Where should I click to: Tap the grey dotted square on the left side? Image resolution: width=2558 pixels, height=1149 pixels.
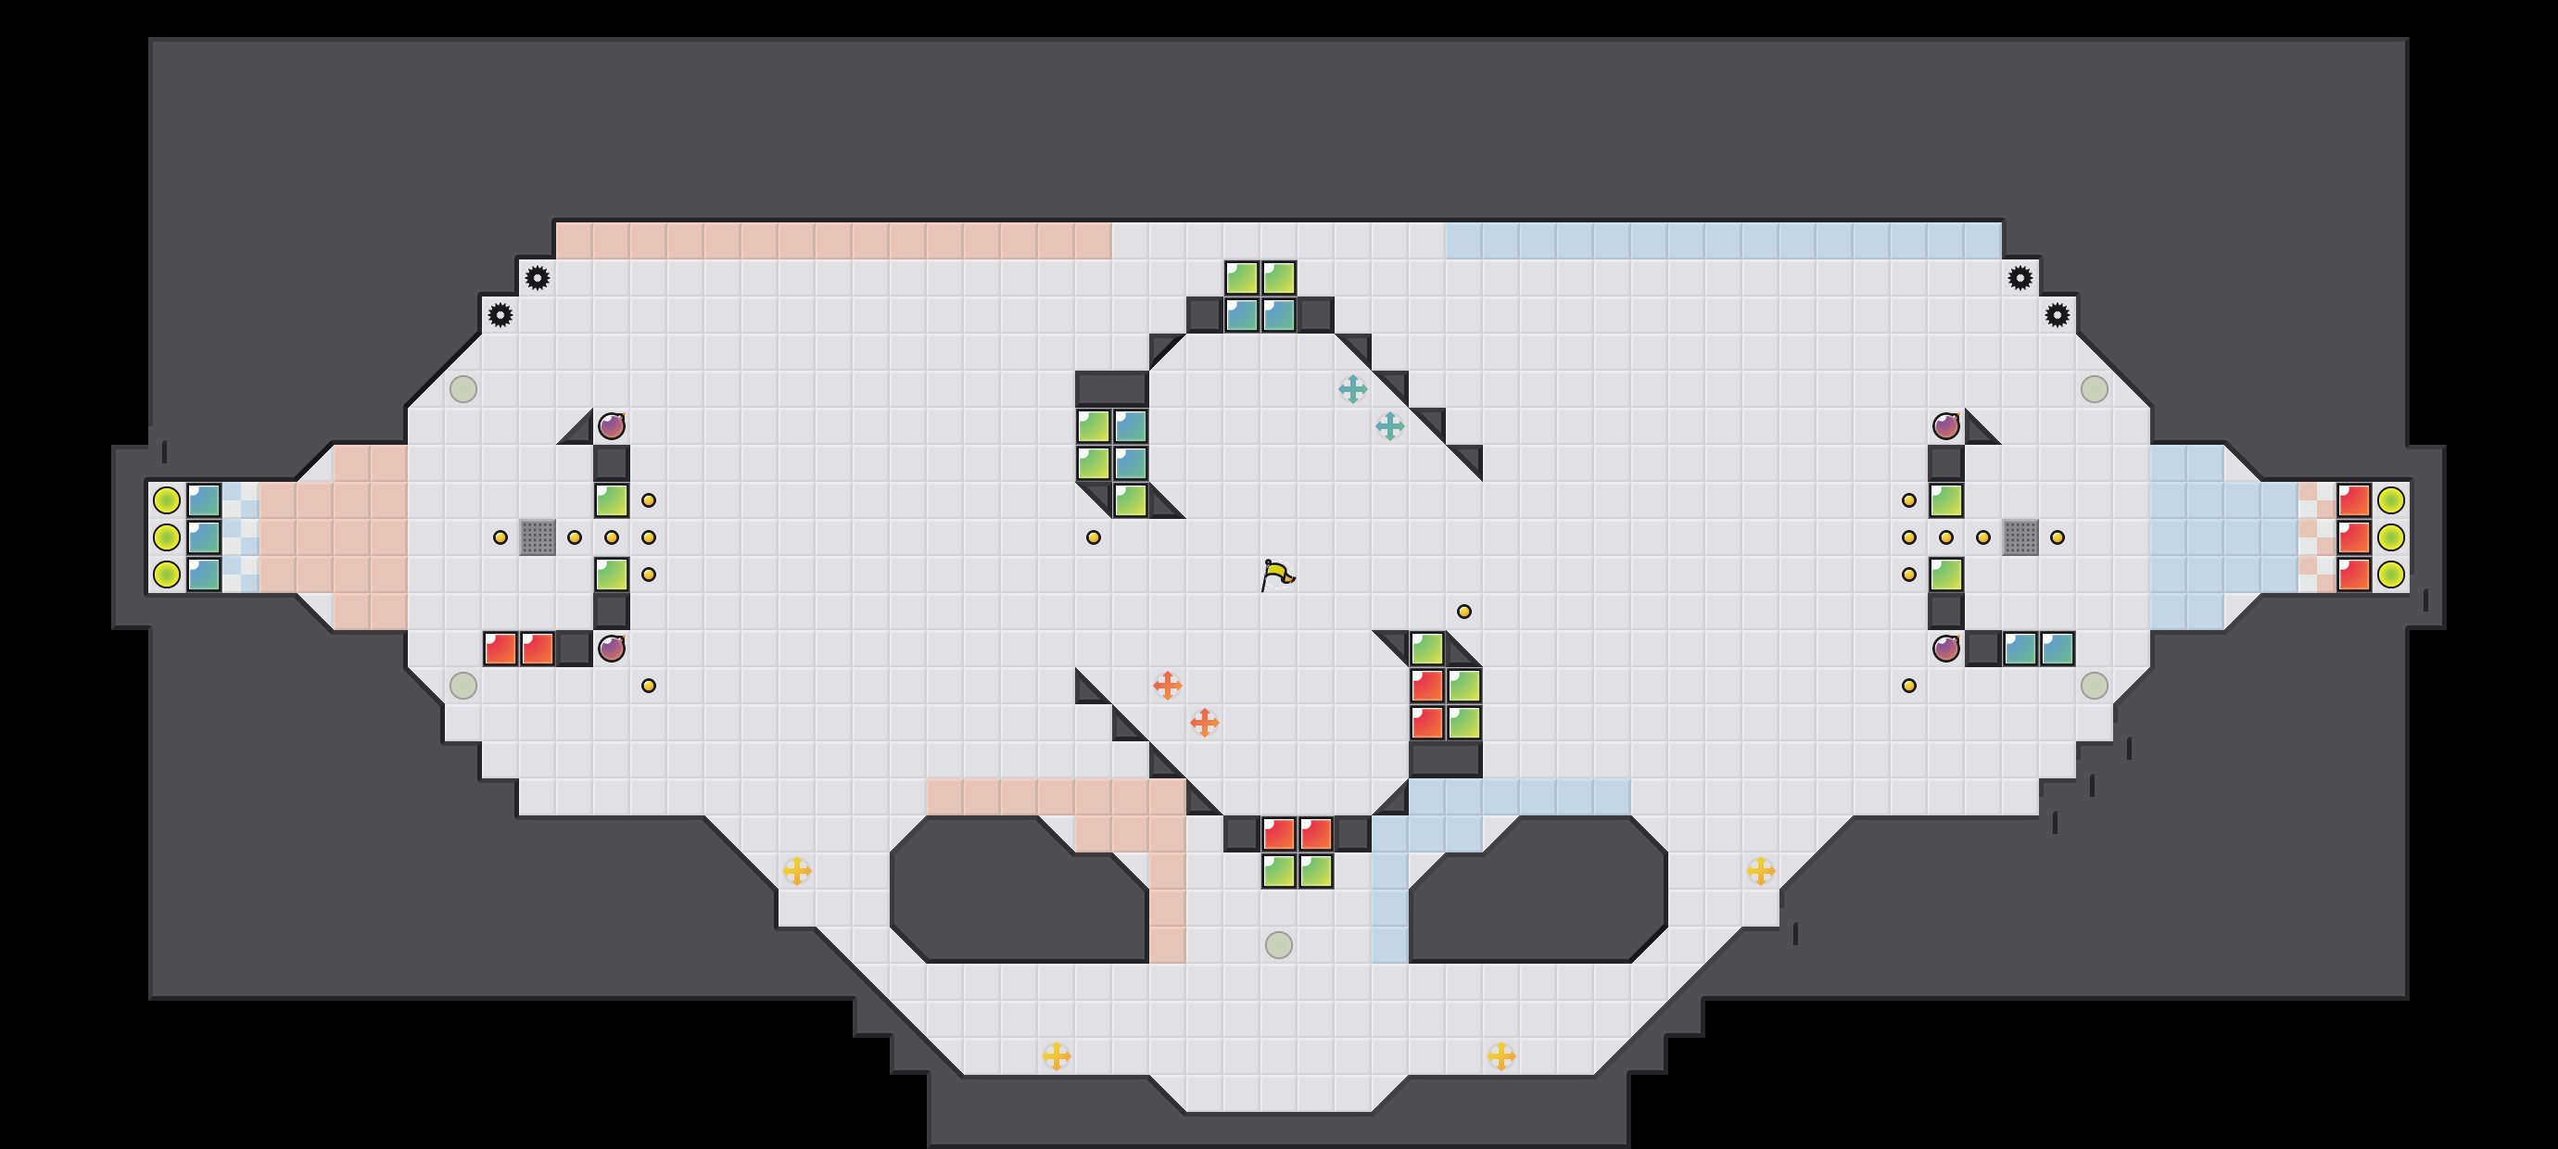point(538,537)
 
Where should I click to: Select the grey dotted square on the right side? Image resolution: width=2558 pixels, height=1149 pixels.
point(2020,537)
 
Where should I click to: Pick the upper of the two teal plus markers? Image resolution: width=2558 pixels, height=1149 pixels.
point(1352,389)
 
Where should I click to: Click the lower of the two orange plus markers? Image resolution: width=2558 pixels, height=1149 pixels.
point(1205,723)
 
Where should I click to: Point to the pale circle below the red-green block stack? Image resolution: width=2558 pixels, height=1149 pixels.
point(1278,944)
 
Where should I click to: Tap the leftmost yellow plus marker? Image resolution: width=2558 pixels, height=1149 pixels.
point(796,871)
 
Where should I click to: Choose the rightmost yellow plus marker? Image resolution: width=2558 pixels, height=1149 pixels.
point(1761,871)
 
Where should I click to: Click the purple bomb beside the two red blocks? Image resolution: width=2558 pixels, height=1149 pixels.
point(612,649)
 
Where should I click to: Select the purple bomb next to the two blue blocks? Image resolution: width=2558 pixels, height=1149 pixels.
point(1946,649)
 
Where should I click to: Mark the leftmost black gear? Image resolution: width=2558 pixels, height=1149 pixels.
point(500,315)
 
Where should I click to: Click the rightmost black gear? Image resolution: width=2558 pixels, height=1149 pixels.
point(2058,315)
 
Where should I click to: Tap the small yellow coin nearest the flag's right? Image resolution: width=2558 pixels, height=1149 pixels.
point(1463,612)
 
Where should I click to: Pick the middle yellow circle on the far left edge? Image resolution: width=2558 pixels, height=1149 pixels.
point(167,537)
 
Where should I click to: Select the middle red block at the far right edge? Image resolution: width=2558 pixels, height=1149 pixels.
point(2353,537)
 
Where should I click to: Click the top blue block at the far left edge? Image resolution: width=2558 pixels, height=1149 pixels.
point(204,500)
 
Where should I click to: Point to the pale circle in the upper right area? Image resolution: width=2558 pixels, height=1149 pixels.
point(2095,389)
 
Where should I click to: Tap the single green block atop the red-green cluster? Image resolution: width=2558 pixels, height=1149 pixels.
point(1427,649)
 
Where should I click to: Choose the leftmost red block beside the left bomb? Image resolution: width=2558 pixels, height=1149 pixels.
point(500,649)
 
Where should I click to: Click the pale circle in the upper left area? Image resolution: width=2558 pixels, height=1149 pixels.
point(462,389)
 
